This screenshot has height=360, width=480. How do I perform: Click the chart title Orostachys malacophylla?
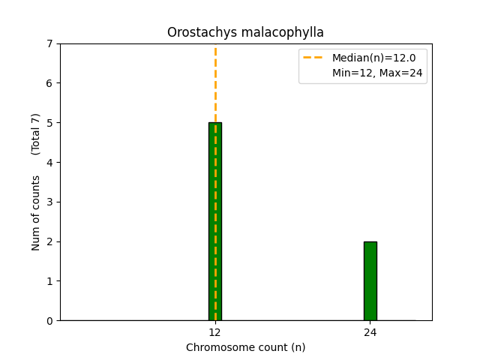(x=245, y=32)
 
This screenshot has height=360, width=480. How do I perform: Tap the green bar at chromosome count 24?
(x=370, y=280)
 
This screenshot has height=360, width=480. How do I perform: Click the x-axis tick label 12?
(x=214, y=331)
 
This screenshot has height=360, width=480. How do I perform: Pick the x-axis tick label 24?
(x=370, y=331)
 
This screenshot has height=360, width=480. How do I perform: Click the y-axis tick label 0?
(x=50, y=321)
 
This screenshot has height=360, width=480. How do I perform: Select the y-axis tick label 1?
(x=50, y=281)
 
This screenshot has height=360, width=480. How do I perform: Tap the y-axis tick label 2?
(x=50, y=241)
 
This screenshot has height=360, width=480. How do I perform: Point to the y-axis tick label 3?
(x=50, y=202)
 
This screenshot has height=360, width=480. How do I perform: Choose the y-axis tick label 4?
(x=50, y=163)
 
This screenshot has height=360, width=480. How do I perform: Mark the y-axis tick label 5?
(x=50, y=123)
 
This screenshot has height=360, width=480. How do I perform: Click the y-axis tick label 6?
(x=50, y=83)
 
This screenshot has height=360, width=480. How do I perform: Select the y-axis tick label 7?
(x=50, y=43)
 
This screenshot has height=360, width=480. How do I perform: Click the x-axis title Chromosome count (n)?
(x=245, y=347)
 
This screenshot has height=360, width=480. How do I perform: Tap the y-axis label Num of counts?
(x=36, y=213)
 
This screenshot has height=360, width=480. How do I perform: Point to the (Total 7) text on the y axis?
(x=36, y=133)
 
